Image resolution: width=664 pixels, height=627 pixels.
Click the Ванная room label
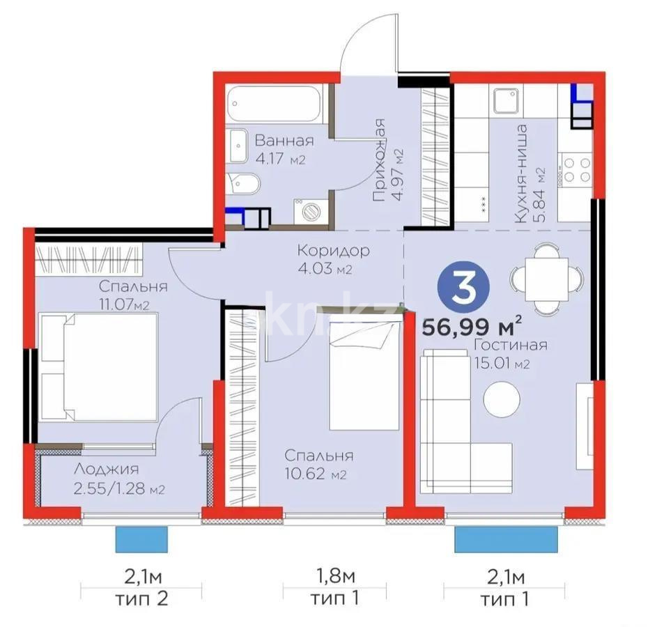[284, 140]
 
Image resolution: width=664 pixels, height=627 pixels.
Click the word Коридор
[333, 249]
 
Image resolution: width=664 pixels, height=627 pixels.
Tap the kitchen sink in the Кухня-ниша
[504, 100]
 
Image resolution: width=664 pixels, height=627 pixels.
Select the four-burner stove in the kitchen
[576, 170]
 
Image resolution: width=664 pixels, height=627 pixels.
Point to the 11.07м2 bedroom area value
[124, 303]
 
